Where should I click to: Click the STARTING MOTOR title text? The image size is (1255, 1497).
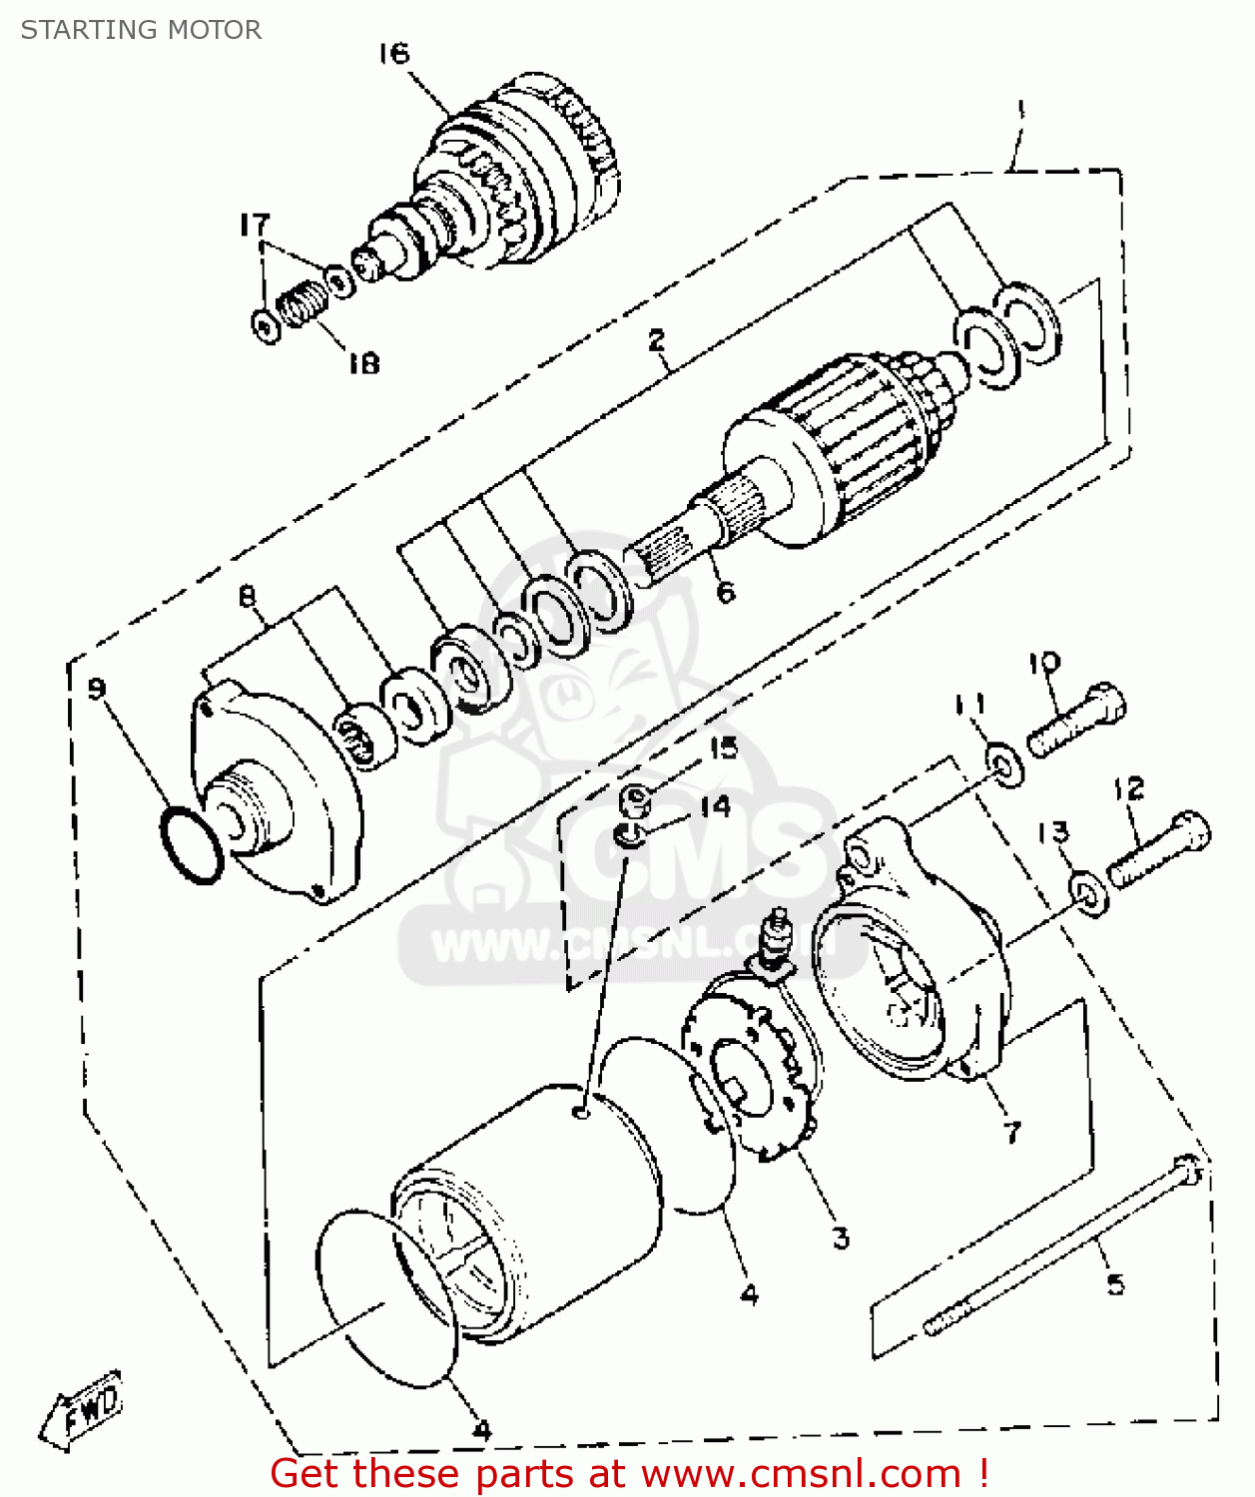pos(141,30)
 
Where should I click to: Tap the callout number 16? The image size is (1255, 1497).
pos(393,53)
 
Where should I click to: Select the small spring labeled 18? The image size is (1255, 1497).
pos(302,302)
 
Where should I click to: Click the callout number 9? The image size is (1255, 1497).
pos(97,688)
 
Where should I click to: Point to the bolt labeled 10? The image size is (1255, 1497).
pos(1076,720)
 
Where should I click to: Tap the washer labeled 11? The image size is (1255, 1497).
pos(1004,764)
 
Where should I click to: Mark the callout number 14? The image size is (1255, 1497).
pos(715,806)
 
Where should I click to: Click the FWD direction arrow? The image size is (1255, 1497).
pos(83,1409)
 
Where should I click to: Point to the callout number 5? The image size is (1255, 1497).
pos(1115,1283)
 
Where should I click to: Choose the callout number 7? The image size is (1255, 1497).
pos(1012,1132)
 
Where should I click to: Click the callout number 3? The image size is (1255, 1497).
pos(842,1238)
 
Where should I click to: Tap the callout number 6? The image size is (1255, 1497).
pos(726,592)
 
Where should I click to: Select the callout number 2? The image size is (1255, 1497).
pos(656,340)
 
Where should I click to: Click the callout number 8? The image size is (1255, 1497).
pos(248,597)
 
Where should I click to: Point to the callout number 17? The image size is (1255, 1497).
pos(255,225)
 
